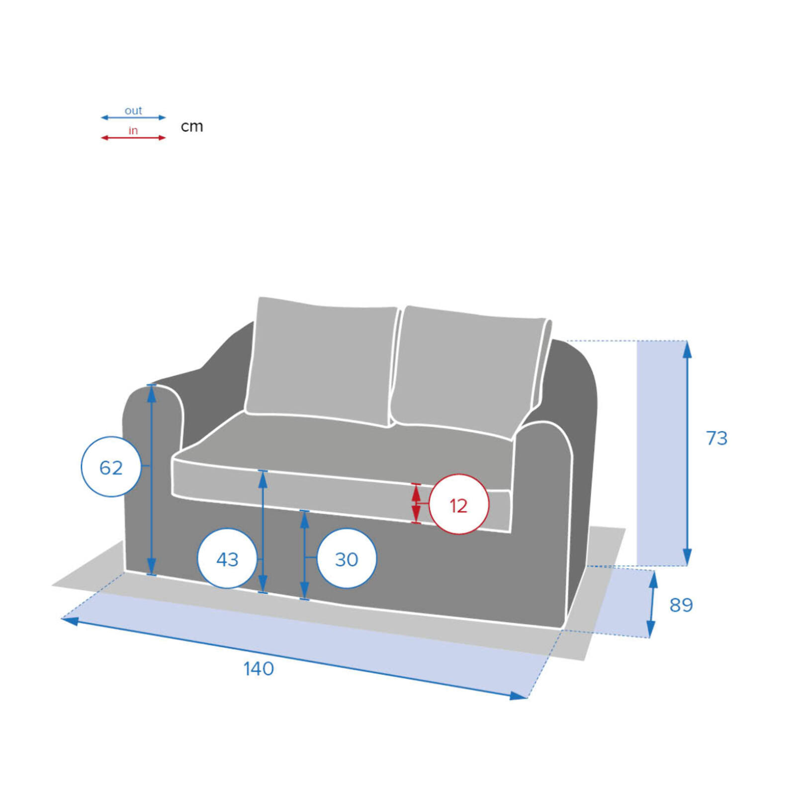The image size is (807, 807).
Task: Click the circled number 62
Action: (x=111, y=467)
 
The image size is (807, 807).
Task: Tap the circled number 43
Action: (x=227, y=559)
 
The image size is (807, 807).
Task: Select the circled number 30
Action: (x=347, y=559)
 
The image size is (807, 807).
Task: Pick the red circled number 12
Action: (x=458, y=505)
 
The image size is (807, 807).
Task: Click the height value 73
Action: (x=717, y=439)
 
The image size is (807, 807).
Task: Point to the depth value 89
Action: (x=681, y=605)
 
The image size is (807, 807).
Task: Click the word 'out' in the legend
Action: (x=133, y=110)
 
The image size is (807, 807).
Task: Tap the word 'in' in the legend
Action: (x=133, y=131)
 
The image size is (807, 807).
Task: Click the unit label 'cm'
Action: (x=192, y=126)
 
